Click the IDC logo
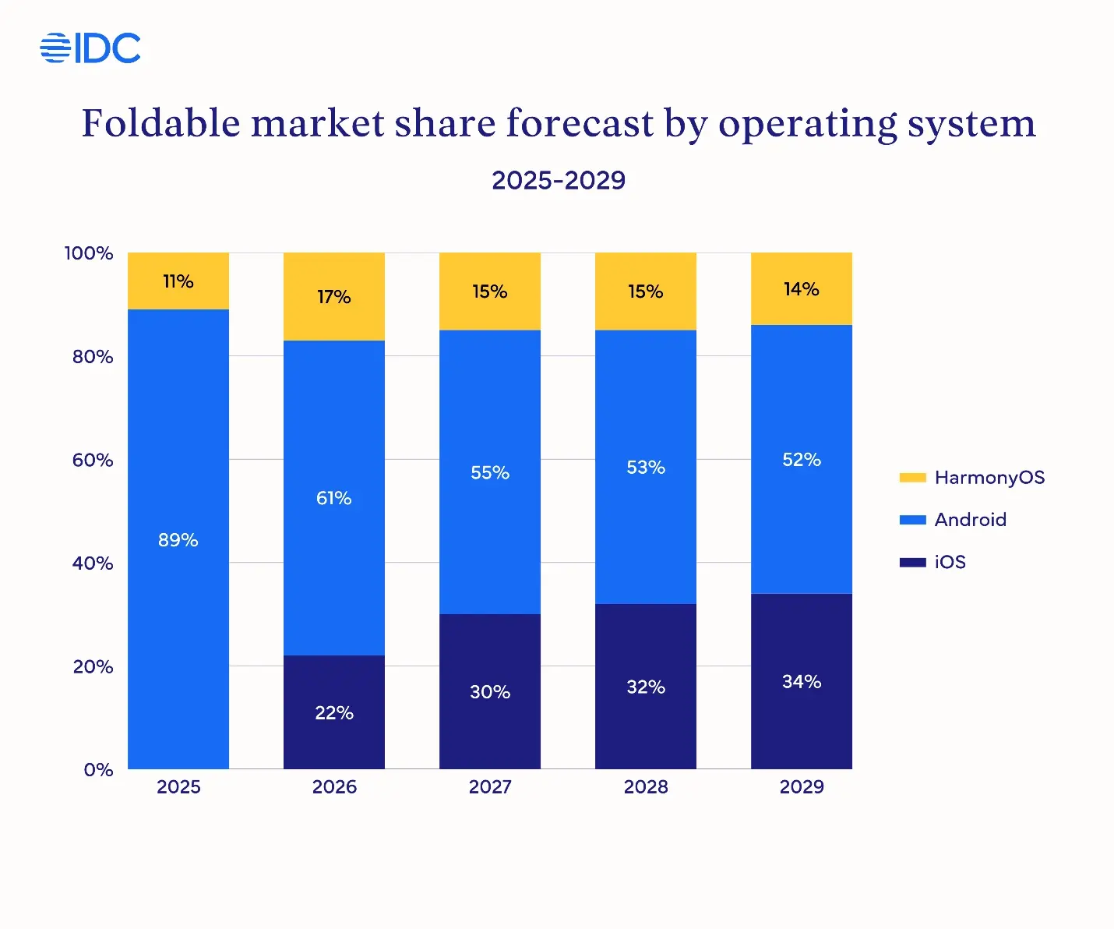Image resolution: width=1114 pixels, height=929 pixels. pyautogui.click(x=90, y=48)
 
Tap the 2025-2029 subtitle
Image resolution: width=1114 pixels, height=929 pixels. pyautogui.click(x=558, y=181)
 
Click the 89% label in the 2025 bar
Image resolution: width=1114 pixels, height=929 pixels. pyautogui.click(x=178, y=540)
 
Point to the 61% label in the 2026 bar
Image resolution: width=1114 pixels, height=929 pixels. pyautogui.click(x=333, y=498)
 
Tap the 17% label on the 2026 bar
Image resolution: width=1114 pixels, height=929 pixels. pyautogui.click(x=333, y=297)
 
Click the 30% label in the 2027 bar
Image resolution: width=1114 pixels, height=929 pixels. pyautogui.click(x=489, y=692)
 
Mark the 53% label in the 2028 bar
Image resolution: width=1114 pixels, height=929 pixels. pyautogui.click(x=645, y=468)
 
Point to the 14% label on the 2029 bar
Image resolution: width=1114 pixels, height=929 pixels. pyautogui.click(x=801, y=289)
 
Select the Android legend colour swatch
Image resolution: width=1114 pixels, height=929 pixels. pyautogui.click(x=912, y=520)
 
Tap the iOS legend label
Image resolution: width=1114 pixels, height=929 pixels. pyautogui.click(x=950, y=562)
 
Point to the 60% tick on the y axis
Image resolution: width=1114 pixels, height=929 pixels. pyautogui.click(x=93, y=460)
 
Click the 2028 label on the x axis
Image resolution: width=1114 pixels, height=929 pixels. pyautogui.click(x=645, y=787)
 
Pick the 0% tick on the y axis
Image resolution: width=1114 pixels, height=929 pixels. pyautogui.click(x=98, y=770)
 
